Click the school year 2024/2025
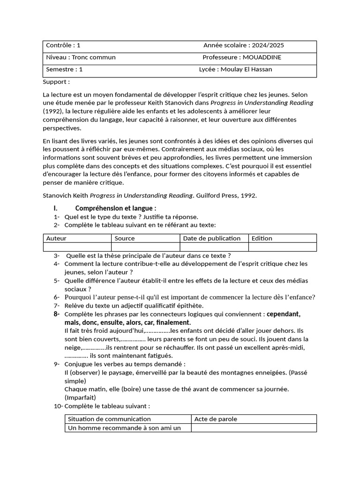pos(268,45)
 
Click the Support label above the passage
pos(56,82)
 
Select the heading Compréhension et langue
pos(116,208)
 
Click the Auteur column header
pos(56,238)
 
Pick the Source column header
pos(124,238)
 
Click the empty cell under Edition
pos(282,247)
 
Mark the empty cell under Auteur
pos(77,247)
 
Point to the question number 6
pos(56,297)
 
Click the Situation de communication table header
pos(109,419)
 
